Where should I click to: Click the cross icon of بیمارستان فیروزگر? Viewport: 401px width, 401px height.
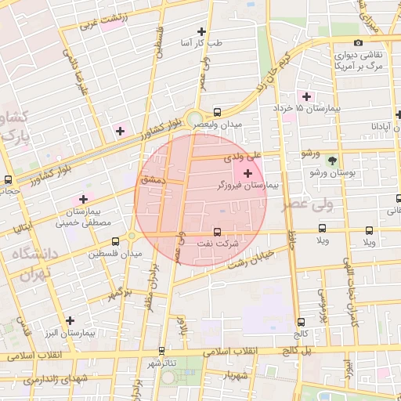pyautogui.click(x=248, y=172)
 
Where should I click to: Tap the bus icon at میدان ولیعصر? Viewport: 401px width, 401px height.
pyautogui.click(x=217, y=111)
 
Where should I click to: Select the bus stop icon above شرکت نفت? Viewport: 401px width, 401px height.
pyautogui.click(x=217, y=231)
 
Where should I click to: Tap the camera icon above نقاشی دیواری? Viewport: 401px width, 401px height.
pyautogui.click(x=358, y=43)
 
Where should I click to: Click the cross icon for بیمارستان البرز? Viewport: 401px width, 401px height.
pyautogui.click(x=70, y=320)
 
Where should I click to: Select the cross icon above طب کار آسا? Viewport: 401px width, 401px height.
pyautogui.click(x=202, y=31)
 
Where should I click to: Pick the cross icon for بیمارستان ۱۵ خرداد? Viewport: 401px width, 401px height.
pyautogui.click(x=307, y=96)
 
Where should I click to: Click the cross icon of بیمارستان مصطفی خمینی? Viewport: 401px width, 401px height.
pyautogui.click(x=83, y=199)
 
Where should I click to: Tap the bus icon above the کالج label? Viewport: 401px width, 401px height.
pyautogui.click(x=302, y=309)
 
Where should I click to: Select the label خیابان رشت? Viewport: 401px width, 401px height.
pyautogui.click(x=251, y=260)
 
